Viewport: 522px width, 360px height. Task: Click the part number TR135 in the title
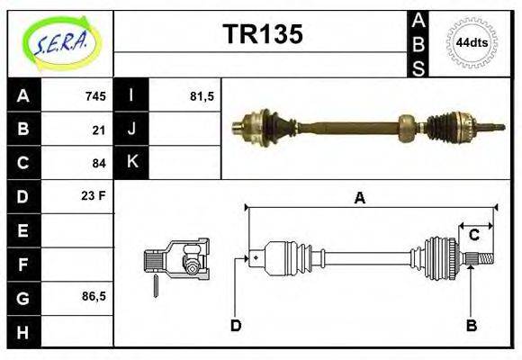click(262, 34)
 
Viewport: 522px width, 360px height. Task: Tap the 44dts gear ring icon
click(471, 42)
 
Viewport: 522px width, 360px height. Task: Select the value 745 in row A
click(95, 96)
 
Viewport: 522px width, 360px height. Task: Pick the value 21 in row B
click(99, 130)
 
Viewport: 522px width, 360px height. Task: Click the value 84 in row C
click(99, 163)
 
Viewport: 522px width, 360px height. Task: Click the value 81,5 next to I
click(202, 96)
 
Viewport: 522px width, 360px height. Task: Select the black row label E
click(23, 230)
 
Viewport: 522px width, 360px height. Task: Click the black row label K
click(131, 163)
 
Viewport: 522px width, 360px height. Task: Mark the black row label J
click(131, 130)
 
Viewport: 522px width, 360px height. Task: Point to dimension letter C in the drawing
click(473, 236)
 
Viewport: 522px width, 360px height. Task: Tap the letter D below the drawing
click(236, 325)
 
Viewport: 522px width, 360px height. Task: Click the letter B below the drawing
click(471, 325)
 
